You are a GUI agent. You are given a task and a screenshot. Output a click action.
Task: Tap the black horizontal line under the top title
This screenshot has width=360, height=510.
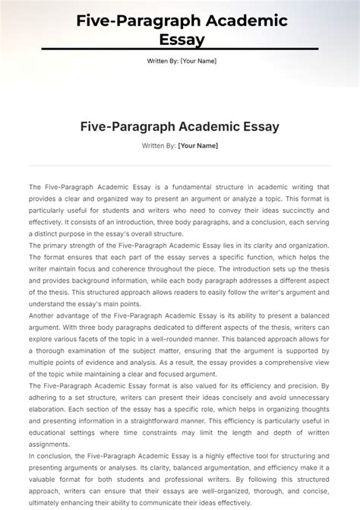pos(180,50)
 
